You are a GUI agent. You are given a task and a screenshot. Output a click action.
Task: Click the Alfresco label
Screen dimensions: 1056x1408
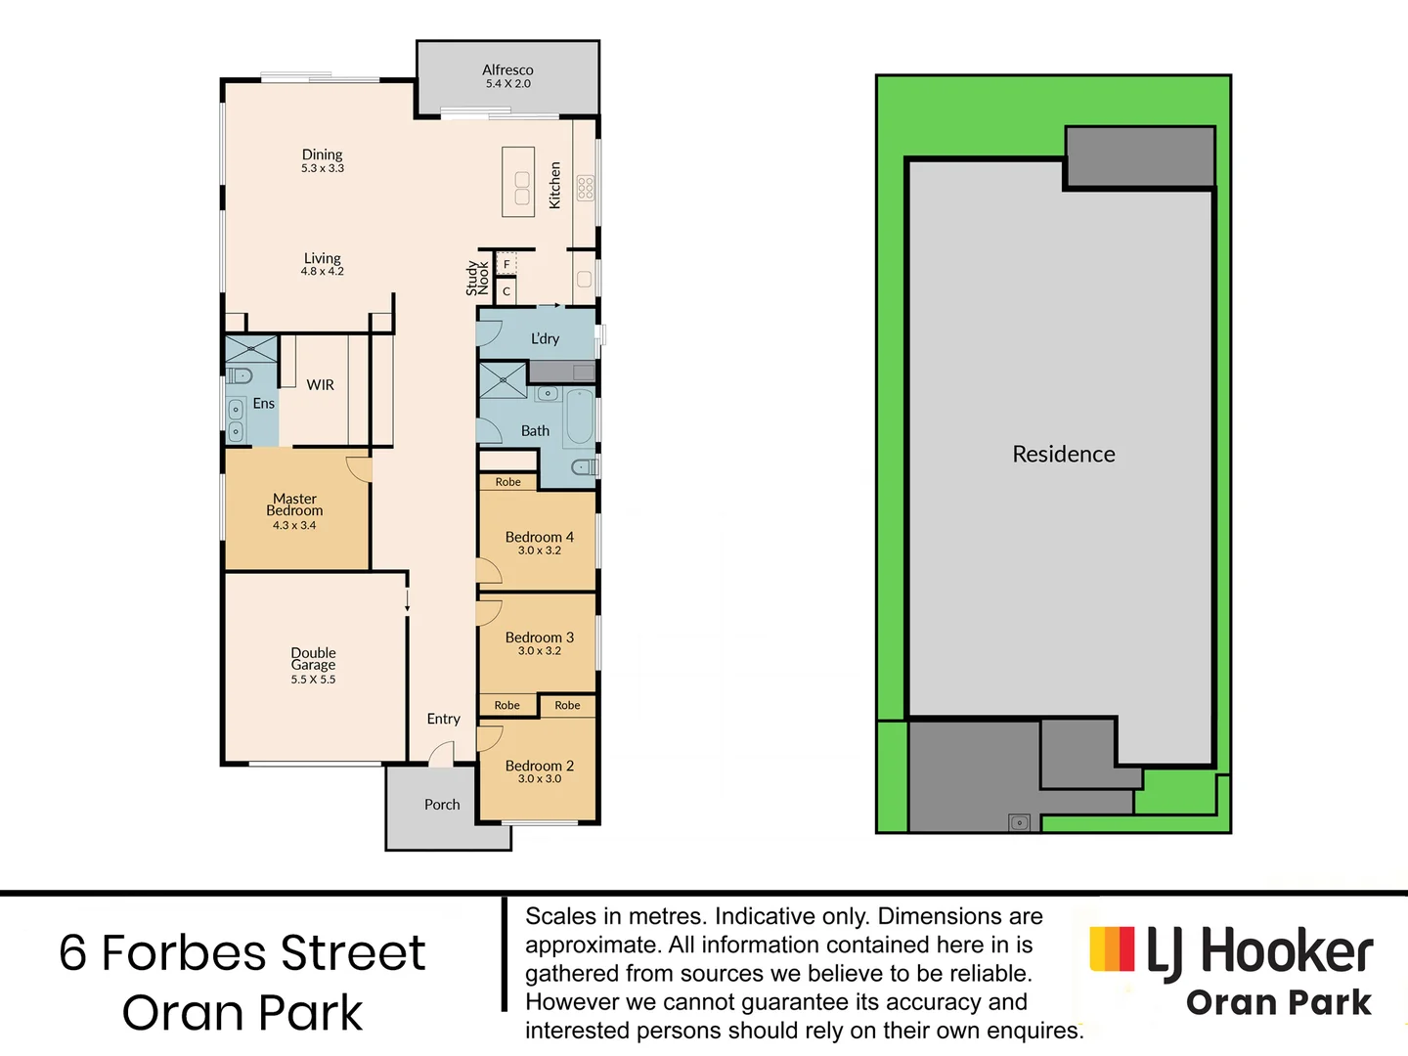click(507, 70)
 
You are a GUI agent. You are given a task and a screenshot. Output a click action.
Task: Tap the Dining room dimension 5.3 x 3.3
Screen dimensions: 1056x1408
click(323, 168)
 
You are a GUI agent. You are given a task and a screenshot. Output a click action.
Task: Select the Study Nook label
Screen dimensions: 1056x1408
click(477, 278)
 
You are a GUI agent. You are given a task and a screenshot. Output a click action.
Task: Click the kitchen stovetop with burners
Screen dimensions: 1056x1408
click(585, 188)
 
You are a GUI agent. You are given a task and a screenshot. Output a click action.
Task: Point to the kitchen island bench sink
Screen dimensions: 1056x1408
click(522, 188)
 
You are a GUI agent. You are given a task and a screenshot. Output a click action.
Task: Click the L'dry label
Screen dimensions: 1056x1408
click(545, 338)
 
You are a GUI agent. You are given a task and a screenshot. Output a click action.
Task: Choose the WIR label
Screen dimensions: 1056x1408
click(321, 385)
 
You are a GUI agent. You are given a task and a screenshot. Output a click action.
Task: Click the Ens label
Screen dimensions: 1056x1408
click(264, 403)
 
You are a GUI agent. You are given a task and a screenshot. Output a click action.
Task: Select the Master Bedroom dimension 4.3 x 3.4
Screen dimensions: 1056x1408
click(294, 525)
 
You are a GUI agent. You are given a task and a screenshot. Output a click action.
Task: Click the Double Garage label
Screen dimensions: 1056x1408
click(313, 658)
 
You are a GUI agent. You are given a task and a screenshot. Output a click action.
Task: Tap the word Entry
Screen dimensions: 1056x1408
click(443, 719)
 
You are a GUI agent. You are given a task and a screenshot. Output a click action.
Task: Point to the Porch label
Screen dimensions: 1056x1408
click(442, 805)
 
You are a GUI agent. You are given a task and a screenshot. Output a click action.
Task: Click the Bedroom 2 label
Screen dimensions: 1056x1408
click(540, 766)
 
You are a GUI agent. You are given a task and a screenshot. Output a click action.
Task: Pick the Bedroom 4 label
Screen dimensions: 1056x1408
click(540, 537)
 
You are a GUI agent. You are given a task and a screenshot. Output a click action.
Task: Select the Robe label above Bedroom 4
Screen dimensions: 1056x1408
click(508, 482)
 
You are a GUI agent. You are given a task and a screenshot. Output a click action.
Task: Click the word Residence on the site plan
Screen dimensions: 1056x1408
click(1064, 454)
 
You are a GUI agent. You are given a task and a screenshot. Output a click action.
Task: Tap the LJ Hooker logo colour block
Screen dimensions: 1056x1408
click(1112, 949)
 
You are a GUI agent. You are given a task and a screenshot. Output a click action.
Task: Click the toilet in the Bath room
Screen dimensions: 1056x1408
click(584, 467)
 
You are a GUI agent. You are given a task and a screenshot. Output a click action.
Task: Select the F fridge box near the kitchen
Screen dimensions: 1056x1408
click(506, 264)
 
